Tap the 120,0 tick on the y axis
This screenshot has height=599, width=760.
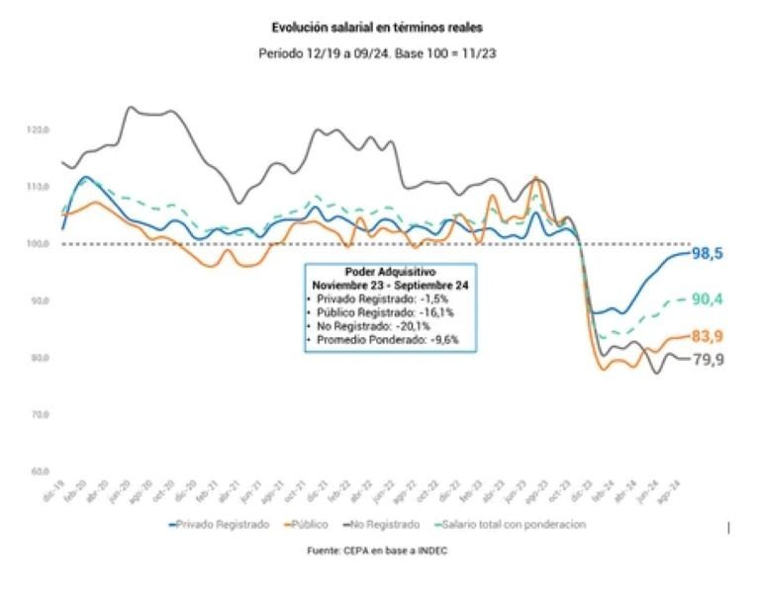pyautogui.click(x=39, y=129)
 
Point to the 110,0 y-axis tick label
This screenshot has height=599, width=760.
pyautogui.click(x=39, y=187)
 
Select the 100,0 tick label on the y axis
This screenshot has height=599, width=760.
pyautogui.click(x=39, y=244)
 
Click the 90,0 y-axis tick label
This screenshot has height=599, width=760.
pyautogui.click(x=40, y=300)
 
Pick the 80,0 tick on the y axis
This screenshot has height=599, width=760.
pyautogui.click(x=40, y=358)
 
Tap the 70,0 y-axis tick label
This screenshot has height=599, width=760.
pyautogui.click(x=40, y=415)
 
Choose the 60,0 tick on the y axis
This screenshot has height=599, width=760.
pyautogui.click(x=40, y=471)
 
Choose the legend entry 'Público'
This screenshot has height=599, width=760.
pyautogui.click(x=310, y=525)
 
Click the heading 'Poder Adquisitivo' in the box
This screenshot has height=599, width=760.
pyautogui.click(x=391, y=271)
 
